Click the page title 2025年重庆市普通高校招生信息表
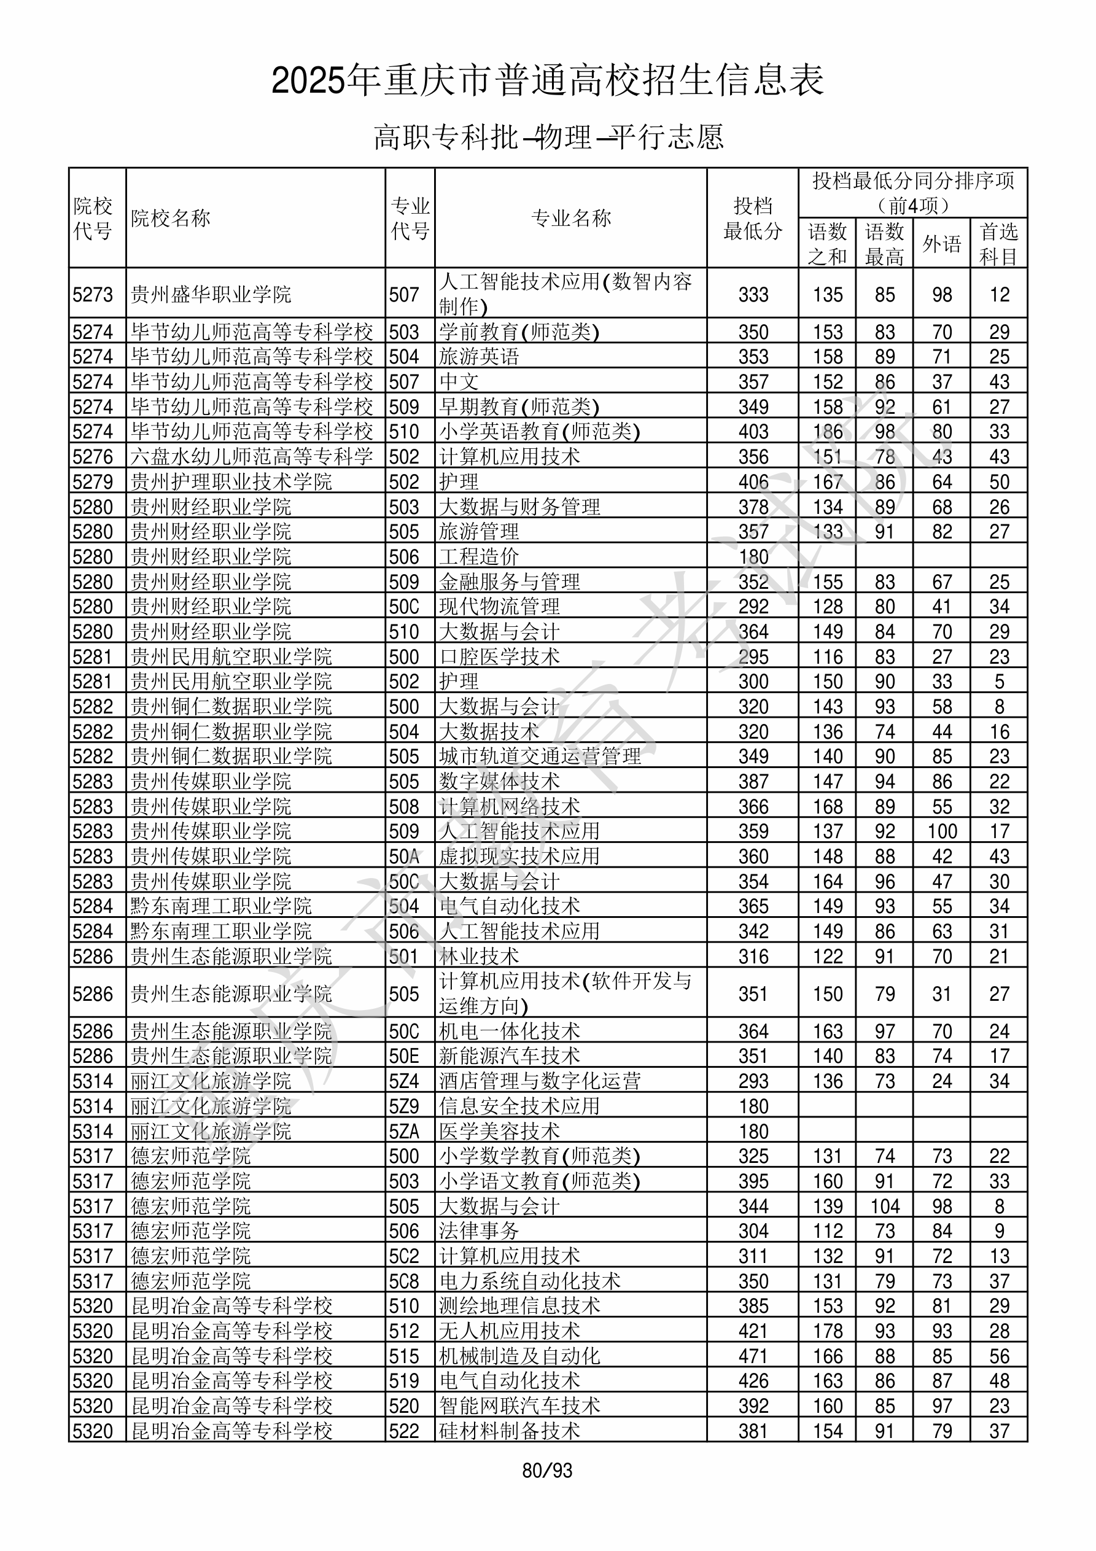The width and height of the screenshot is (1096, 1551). point(547,81)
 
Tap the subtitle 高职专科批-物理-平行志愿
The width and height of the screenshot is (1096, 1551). point(548,137)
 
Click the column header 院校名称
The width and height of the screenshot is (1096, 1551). point(171,218)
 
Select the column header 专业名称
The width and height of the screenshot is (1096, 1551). point(571,218)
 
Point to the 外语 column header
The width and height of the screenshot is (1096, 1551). point(941,244)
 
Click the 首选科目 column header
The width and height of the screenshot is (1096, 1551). point(999,244)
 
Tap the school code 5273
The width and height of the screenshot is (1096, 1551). point(93,295)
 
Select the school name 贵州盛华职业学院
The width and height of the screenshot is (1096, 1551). point(211,295)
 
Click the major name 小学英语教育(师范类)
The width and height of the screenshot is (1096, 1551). point(539,432)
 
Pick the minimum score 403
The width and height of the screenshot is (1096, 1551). point(753,432)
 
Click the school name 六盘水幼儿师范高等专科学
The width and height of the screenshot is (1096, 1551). point(252,457)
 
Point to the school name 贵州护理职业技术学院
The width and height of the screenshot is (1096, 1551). point(231,481)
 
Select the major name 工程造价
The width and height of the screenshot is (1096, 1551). point(479,557)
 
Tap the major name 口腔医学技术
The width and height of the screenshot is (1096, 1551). point(499,656)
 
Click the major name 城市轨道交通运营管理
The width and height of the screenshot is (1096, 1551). point(540,756)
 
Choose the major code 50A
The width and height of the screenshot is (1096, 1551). point(404,857)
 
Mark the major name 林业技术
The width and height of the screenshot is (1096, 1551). point(479,957)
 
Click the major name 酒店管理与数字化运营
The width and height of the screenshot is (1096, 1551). point(540,1081)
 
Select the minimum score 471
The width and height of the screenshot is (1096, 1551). point(753,1356)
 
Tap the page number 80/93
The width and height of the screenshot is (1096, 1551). point(547,1471)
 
